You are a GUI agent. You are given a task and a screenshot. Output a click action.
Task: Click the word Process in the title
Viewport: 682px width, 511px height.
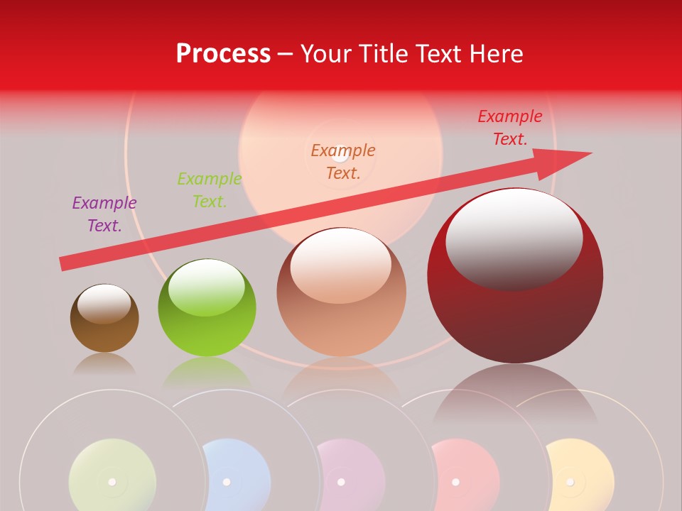point(223,54)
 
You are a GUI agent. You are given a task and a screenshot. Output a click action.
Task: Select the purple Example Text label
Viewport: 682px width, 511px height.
point(104,214)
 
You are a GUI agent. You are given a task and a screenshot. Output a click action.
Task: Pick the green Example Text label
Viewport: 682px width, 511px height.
point(210,190)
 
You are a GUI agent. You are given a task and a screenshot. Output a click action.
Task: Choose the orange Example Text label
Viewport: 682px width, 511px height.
point(343,161)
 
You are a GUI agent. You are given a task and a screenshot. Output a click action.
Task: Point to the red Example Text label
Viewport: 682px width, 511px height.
point(510,128)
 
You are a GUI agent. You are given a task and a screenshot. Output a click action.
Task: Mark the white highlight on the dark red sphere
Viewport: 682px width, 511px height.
point(514,231)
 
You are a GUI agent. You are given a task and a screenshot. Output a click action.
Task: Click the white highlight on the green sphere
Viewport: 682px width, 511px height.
point(206,284)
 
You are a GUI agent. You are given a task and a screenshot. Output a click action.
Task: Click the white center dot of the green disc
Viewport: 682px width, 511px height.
point(112,482)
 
